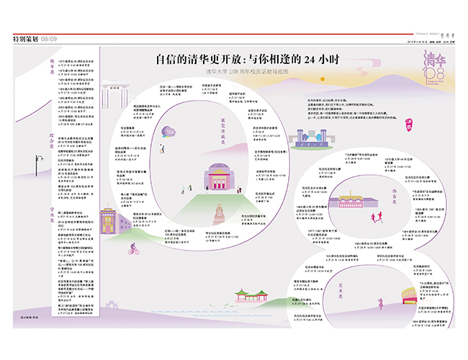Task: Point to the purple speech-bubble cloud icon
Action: point(170,131)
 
